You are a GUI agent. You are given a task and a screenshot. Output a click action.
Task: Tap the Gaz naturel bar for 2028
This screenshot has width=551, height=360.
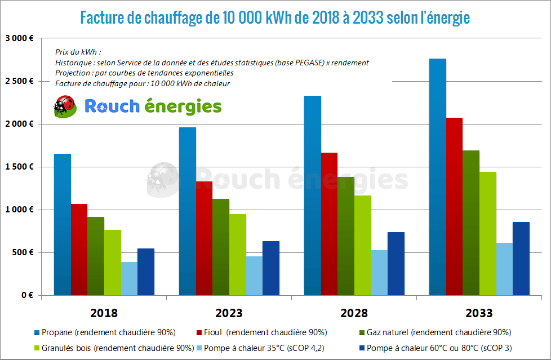(346, 236)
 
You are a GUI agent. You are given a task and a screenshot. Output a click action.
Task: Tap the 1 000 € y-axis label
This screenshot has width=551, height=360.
(20, 210)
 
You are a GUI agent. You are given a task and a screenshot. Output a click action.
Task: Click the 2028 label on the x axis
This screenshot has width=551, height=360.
(354, 313)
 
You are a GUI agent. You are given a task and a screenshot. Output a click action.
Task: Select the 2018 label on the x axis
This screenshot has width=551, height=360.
(104, 313)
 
